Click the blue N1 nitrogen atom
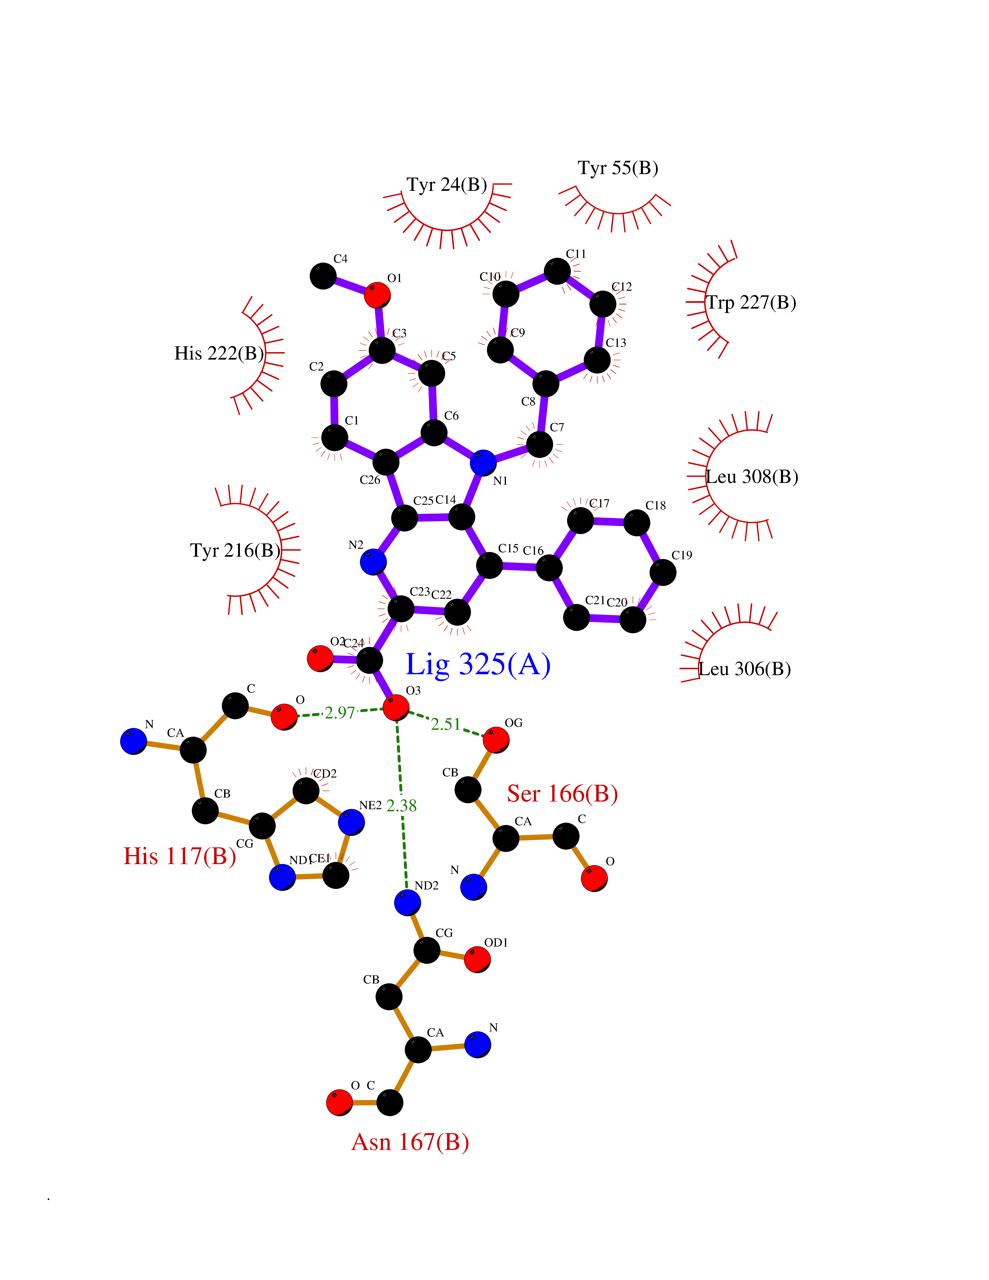pos(483,463)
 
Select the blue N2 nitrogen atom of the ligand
pos(373,562)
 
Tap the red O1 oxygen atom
pos(377,295)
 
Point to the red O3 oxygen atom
pos(396,708)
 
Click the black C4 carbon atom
pos(323,276)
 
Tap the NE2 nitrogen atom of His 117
pos(352,822)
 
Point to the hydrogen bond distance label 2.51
pos(446,725)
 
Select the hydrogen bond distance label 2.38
pos(402,806)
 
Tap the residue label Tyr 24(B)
pos(447,185)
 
